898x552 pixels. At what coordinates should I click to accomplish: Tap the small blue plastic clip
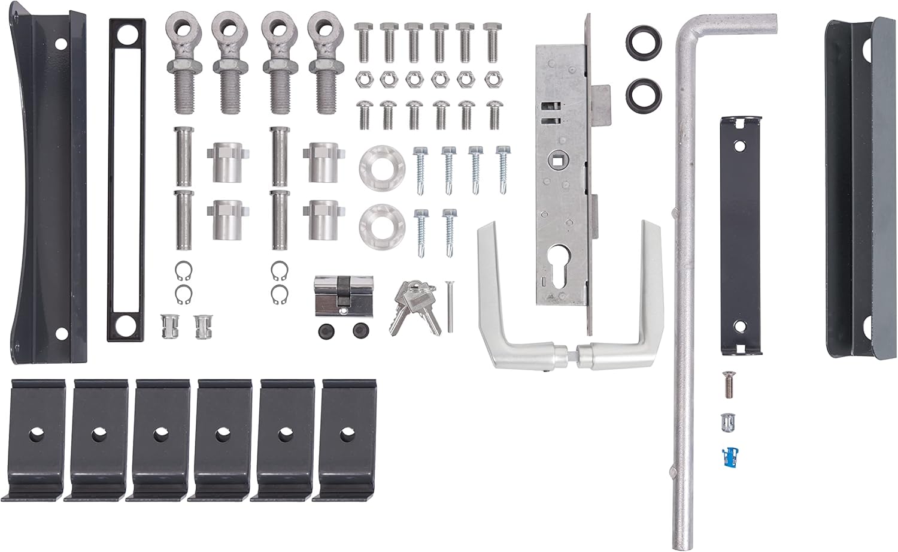point(728,456)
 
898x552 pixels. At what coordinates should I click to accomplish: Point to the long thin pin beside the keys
point(450,306)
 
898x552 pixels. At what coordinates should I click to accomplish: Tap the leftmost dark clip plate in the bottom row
point(35,438)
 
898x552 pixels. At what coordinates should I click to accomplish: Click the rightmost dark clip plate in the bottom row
point(346,438)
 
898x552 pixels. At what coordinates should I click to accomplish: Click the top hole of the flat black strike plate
point(740,145)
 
